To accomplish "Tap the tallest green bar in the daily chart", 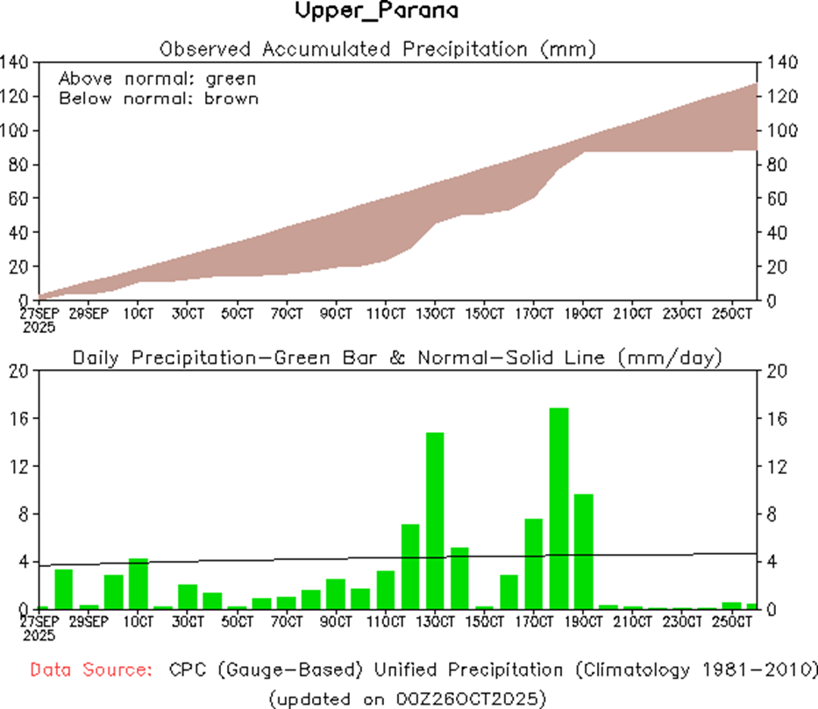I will point(559,508).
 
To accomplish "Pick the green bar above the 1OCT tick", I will point(139,583).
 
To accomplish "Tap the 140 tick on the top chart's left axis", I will point(18,62).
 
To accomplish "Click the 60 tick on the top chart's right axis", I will point(778,199).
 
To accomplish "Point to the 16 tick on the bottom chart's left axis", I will point(20,419).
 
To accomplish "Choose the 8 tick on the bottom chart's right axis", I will point(772,514).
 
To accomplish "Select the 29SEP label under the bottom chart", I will point(89,622).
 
